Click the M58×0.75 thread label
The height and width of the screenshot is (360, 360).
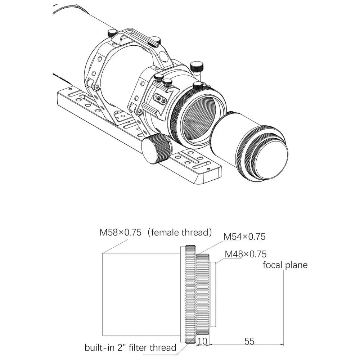120,233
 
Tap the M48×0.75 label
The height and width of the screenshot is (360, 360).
246,254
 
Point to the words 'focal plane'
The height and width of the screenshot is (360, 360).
285,265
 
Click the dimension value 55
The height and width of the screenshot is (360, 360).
249,341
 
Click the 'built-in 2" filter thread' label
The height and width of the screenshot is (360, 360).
130,348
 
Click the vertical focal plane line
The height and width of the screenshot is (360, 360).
284,306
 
